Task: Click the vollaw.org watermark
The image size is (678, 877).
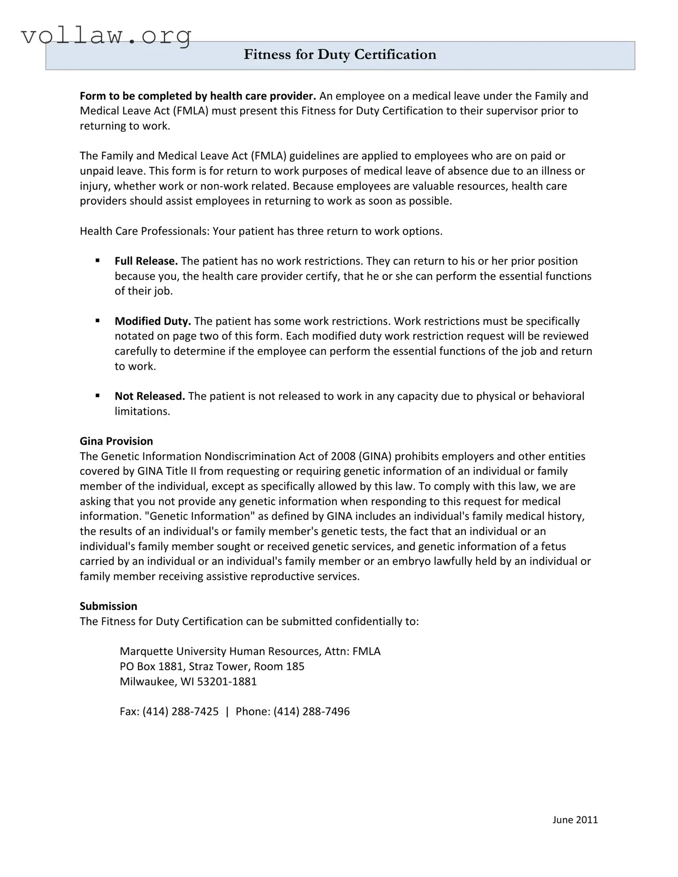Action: click(x=106, y=35)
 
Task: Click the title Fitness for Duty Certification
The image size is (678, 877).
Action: click(x=340, y=54)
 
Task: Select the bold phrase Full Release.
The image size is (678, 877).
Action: click(x=146, y=261)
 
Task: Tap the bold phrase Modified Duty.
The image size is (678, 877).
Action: click(x=153, y=321)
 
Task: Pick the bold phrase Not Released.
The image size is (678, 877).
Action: click(x=150, y=396)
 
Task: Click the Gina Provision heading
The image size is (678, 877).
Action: click(x=116, y=441)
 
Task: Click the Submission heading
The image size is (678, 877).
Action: click(x=109, y=606)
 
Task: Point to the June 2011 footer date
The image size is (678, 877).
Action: click(x=575, y=819)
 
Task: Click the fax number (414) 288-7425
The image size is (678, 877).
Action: click(x=180, y=711)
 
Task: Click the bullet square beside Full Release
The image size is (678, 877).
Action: click(x=97, y=260)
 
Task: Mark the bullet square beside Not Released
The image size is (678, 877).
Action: click(x=97, y=395)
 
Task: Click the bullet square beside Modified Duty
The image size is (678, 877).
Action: click(x=97, y=320)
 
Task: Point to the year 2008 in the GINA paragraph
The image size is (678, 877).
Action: click(x=343, y=456)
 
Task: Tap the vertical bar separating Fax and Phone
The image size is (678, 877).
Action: click(x=227, y=711)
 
